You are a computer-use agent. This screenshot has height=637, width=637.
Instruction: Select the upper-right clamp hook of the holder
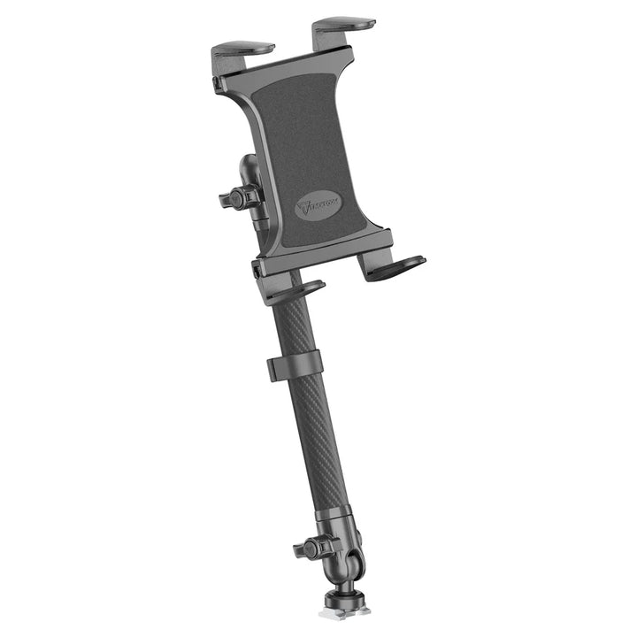(x=344, y=24)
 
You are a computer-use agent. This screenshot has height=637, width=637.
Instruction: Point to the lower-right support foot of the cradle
(x=395, y=266)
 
